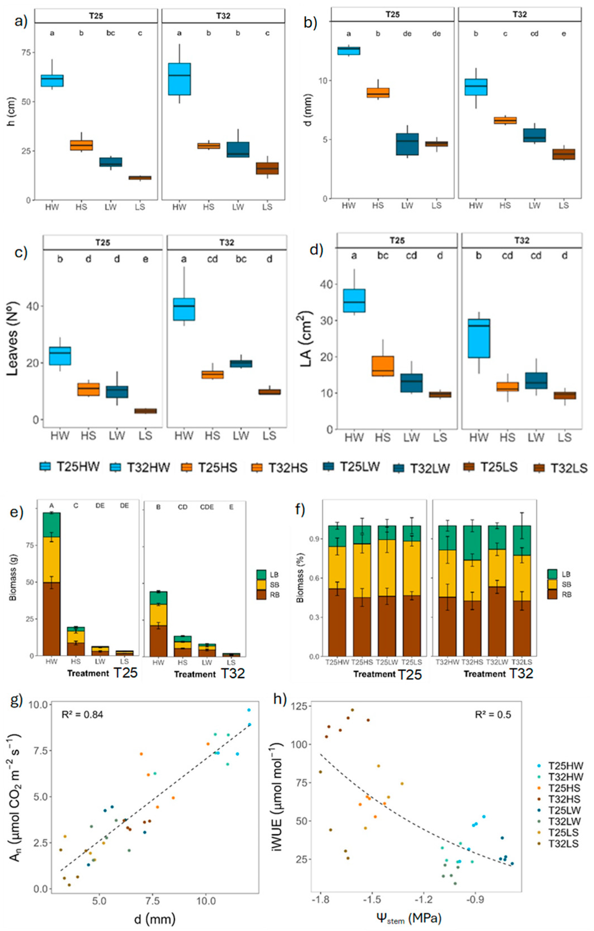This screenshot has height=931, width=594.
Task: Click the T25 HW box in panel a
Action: (x=52, y=81)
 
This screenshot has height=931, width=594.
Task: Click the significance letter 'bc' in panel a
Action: (x=111, y=33)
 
